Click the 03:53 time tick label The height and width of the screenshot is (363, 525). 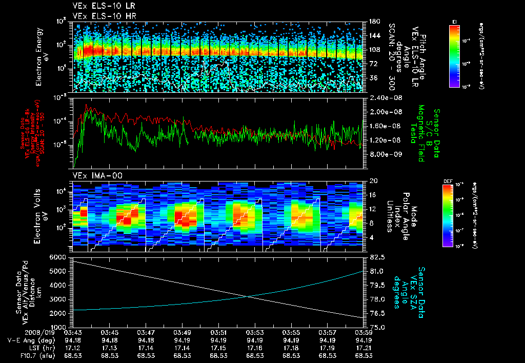point(255,332)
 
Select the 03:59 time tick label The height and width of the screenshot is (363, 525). point(364,332)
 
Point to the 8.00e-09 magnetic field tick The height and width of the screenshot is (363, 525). point(381,154)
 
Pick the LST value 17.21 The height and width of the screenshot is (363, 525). point(364,348)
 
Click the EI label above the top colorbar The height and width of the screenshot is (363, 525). point(454,22)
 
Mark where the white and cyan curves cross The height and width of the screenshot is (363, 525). point(248,296)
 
